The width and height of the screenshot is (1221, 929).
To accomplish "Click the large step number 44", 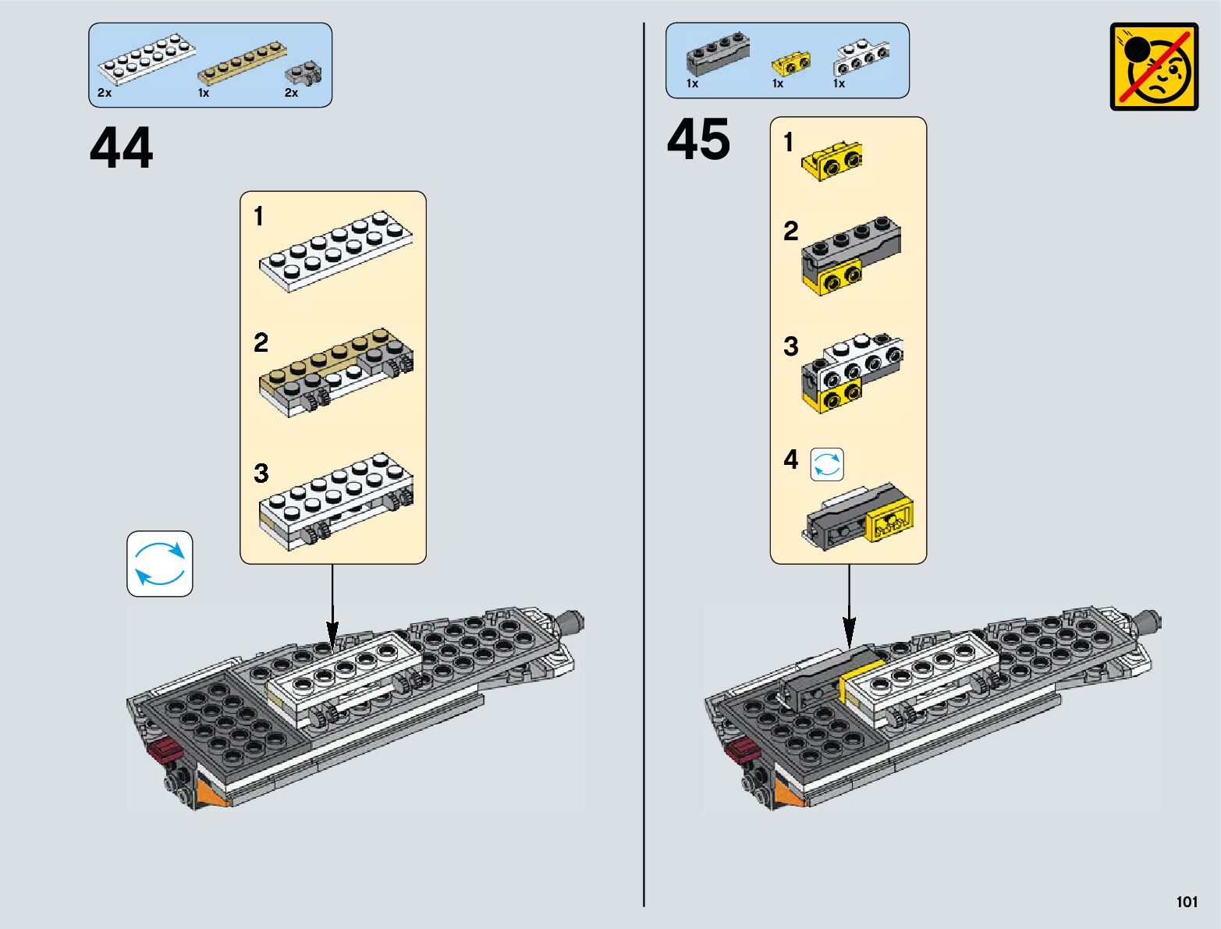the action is pos(122,147).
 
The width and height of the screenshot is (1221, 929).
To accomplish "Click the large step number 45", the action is pos(698,140).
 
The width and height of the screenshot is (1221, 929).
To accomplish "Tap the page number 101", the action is pos(1186,902).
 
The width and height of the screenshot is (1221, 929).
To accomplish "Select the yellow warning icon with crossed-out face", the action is pos(1154,66).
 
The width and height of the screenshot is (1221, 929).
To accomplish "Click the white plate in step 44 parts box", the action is pos(146,60).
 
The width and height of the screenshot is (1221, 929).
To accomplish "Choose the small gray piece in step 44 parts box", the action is pos(303,73).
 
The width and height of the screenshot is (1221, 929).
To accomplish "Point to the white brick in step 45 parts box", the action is pos(861,56).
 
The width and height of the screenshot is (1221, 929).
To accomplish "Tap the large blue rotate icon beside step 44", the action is pos(160,564).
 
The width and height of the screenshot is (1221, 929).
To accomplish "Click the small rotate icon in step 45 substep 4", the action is pos(827,465).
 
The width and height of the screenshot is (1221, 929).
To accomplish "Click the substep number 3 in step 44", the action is pos(261,473).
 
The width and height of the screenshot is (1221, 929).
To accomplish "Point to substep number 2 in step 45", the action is pos(791,231).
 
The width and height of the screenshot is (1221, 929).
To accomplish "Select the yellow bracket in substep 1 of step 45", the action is pos(832,161).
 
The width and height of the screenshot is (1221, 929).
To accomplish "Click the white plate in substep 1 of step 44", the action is pos(336,250).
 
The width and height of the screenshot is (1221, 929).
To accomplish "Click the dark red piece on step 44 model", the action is pos(165,751).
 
